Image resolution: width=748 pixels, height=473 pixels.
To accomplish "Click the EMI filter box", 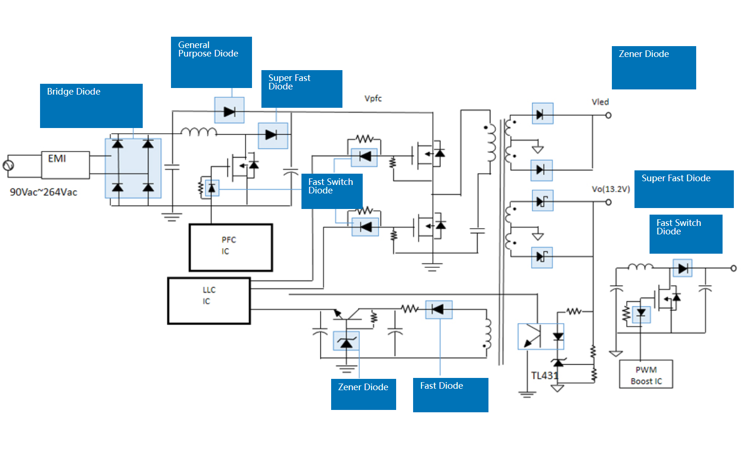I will [x=65, y=165].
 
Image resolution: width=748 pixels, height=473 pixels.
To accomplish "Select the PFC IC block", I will [x=231, y=248].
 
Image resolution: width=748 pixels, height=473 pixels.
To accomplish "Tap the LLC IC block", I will [x=209, y=301].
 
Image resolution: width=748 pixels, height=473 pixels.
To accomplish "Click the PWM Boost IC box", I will [x=646, y=375].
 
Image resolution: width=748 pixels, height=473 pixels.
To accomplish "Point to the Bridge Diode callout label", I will [x=91, y=106].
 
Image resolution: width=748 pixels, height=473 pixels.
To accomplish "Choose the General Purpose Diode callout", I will [x=211, y=62].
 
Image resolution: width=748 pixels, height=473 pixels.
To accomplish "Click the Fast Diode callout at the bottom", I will [x=450, y=395].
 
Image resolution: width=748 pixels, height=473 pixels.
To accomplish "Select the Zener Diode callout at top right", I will [x=654, y=68].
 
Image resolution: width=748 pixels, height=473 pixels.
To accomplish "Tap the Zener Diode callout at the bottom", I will [x=363, y=394].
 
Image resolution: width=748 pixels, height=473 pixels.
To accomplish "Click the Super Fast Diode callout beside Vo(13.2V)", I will [x=684, y=189].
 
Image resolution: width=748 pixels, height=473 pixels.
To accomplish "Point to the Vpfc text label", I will [x=373, y=98].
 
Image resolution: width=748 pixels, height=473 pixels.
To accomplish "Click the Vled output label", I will [x=600, y=102].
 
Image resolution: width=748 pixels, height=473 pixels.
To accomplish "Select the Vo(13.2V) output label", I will [x=611, y=189].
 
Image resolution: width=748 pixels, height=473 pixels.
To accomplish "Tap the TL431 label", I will [x=545, y=376].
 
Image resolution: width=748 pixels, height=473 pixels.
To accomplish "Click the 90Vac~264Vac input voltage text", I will [x=43, y=192].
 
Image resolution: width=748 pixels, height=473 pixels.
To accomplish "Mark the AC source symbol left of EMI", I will [x=8, y=165].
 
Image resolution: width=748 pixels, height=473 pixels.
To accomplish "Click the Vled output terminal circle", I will [x=608, y=115].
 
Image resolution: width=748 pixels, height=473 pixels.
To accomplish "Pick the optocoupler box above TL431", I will [x=541, y=337].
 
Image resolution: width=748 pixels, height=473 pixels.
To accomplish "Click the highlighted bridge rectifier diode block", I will [x=133, y=168].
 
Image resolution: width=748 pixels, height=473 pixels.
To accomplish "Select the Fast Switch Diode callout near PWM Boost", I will [x=686, y=234].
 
